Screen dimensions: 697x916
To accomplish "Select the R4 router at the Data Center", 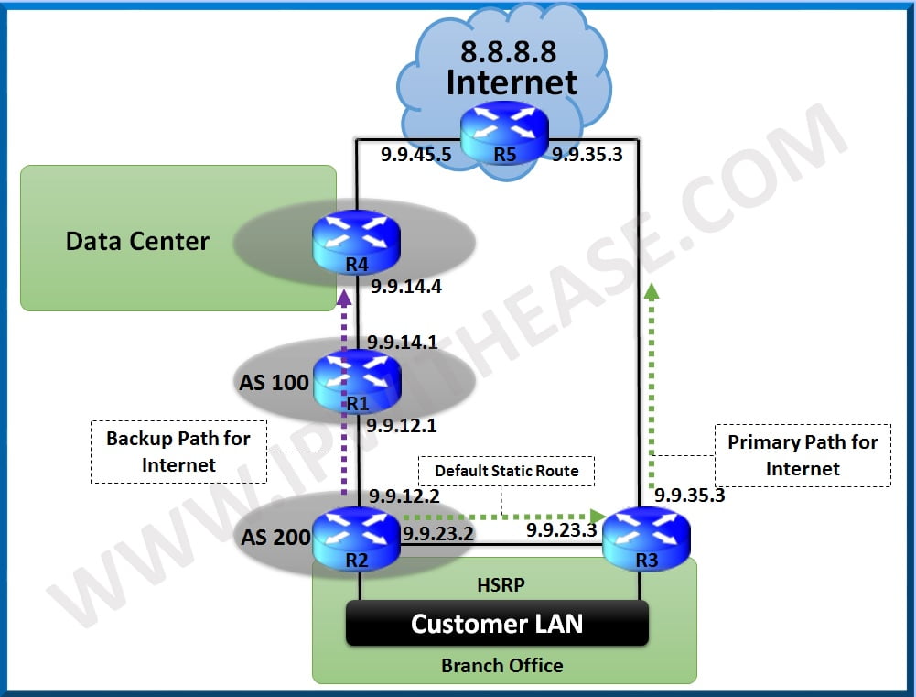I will pyautogui.click(x=357, y=240).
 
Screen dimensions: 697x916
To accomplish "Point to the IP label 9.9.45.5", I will pyautogui.click(x=416, y=155).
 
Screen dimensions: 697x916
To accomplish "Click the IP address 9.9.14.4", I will pyautogui.click(x=405, y=288).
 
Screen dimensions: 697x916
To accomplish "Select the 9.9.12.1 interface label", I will pyautogui.click(x=403, y=426).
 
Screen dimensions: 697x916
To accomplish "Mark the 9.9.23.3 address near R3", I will pyautogui.click(x=561, y=529).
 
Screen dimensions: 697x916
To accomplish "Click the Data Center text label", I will pyautogui.click(x=137, y=242).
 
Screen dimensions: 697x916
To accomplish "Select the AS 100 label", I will pyautogui.click(x=275, y=382).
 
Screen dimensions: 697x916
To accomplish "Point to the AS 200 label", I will pyautogui.click(x=275, y=537).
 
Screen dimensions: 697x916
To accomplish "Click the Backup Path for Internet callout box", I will pyautogui.click(x=178, y=452).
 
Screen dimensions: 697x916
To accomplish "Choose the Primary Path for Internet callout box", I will pyautogui.click(x=803, y=455).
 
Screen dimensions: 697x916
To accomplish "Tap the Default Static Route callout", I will pyautogui.click(x=506, y=471).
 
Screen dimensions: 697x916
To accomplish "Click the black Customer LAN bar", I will pyautogui.click(x=497, y=624).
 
